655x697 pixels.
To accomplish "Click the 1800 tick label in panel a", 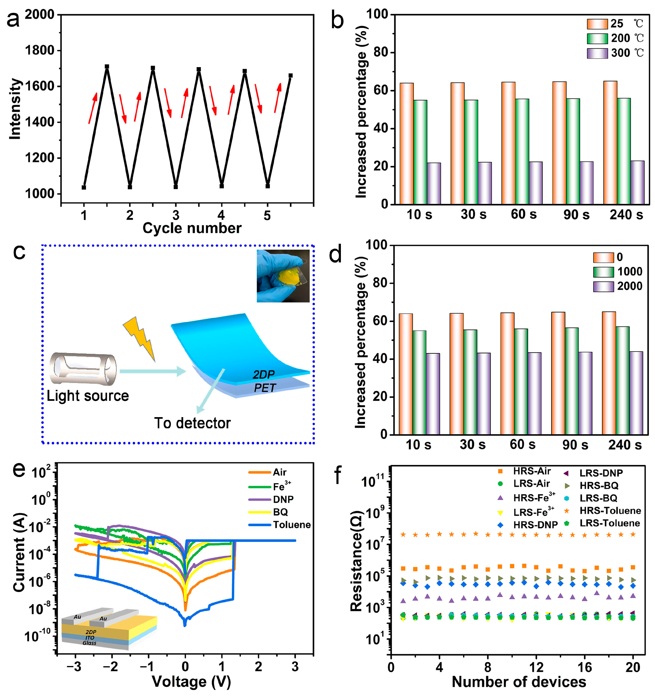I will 40,51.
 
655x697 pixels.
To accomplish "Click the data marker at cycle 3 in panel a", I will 176,187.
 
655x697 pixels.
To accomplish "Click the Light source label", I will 88,396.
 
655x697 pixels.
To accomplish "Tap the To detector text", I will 192,423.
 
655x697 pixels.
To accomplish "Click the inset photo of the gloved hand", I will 283,276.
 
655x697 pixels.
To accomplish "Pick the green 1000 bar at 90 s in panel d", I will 572,381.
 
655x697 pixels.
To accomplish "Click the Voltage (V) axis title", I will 191,682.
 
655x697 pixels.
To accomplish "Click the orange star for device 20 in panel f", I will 633,534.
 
